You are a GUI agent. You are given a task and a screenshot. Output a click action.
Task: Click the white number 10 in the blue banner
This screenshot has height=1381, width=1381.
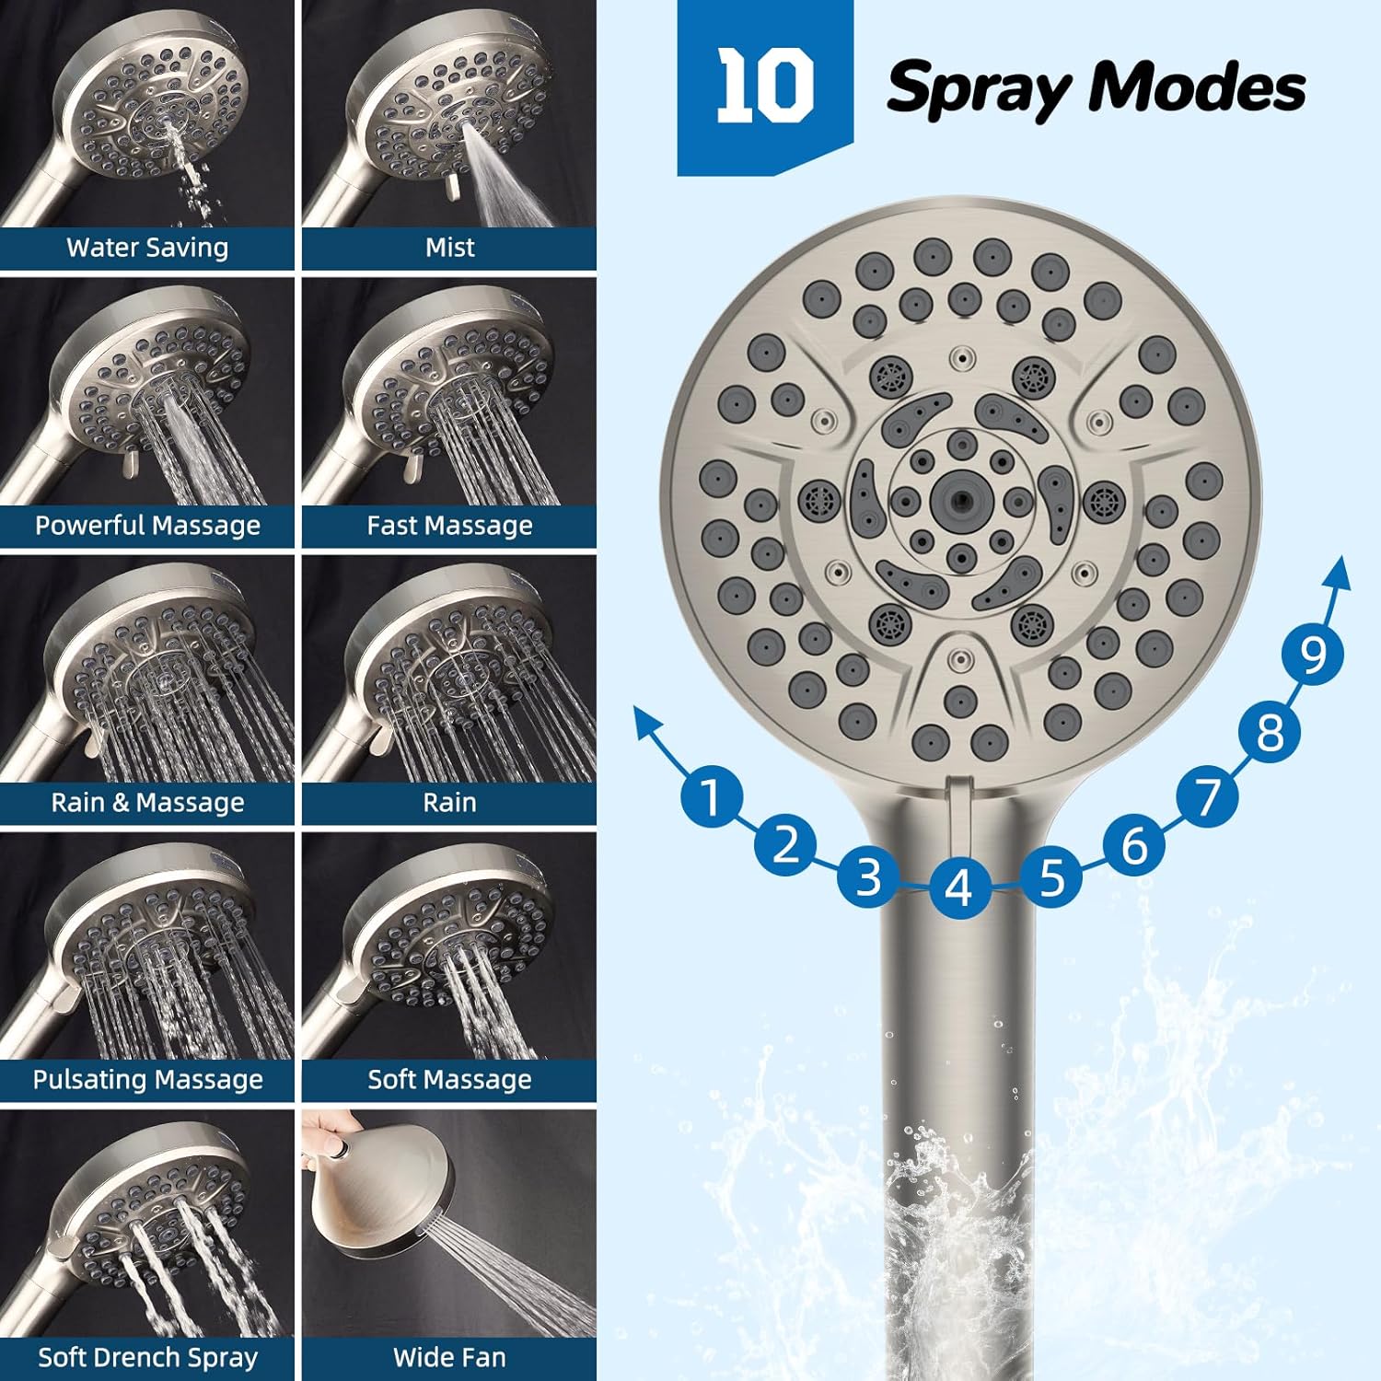point(765,87)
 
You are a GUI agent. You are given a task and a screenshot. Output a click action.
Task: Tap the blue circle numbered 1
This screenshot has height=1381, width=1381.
point(711,795)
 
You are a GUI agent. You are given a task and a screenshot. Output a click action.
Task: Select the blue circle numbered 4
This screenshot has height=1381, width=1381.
point(958,888)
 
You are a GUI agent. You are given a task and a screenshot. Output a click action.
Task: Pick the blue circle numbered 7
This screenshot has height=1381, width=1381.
point(1208,795)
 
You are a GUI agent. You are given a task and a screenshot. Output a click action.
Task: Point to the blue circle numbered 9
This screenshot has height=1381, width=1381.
point(1313,654)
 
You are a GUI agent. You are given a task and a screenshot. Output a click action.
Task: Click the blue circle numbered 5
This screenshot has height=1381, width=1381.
point(1051,876)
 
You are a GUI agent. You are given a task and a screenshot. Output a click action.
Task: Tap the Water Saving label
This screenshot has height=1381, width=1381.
point(147,248)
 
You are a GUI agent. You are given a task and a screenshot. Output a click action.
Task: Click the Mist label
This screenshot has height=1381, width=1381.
point(449,248)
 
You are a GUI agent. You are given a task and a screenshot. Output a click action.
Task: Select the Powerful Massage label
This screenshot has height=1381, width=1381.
point(147,526)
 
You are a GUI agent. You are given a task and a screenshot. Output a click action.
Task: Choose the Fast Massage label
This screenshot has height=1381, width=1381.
point(449,526)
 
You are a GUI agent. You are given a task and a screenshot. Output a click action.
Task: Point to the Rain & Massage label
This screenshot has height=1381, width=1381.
point(147,803)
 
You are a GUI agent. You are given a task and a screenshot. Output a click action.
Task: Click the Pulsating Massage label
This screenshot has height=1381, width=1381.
point(147,1079)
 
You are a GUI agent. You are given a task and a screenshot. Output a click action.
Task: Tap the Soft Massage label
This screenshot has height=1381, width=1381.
point(449,1079)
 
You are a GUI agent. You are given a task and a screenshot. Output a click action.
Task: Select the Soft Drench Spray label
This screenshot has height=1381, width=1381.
point(147,1357)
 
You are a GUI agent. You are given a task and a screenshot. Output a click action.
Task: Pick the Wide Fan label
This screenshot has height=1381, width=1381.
point(449,1357)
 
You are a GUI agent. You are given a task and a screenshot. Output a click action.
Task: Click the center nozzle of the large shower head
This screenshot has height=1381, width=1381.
point(960,500)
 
